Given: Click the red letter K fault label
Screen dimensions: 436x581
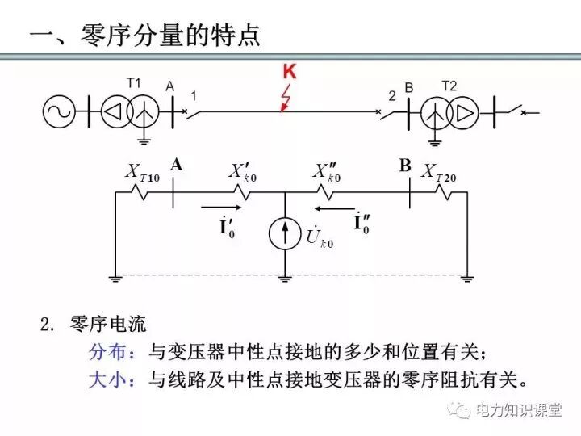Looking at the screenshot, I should click(290, 72).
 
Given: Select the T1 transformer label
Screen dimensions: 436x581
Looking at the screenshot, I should click(134, 82).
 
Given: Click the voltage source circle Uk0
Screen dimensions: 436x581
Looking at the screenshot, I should click(284, 232).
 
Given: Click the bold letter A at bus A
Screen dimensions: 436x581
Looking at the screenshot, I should click(177, 165).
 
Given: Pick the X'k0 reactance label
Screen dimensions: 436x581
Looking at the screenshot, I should click(243, 171).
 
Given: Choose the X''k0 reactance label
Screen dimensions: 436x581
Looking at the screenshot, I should click(328, 171).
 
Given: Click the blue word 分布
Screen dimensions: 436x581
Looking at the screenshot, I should click(104, 352).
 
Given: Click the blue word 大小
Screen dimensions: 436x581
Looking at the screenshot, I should click(104, 379).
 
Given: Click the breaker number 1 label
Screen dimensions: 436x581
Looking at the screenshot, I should click(194, 95).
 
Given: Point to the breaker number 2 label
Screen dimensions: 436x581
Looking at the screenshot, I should click(391, 96).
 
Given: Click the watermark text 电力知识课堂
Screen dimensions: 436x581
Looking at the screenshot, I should click(518, 410).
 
